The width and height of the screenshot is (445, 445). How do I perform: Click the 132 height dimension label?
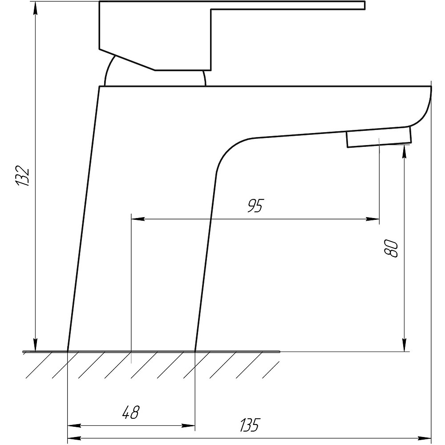point(22,175)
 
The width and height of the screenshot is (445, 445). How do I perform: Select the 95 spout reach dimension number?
point(255,206)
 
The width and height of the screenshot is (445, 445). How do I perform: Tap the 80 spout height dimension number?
point(391,249)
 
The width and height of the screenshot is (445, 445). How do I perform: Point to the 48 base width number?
point(131,412)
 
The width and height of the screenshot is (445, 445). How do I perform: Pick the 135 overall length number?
point(250,425)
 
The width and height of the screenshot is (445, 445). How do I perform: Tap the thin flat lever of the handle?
point(288,5)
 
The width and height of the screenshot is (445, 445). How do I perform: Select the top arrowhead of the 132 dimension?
point(35,8)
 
